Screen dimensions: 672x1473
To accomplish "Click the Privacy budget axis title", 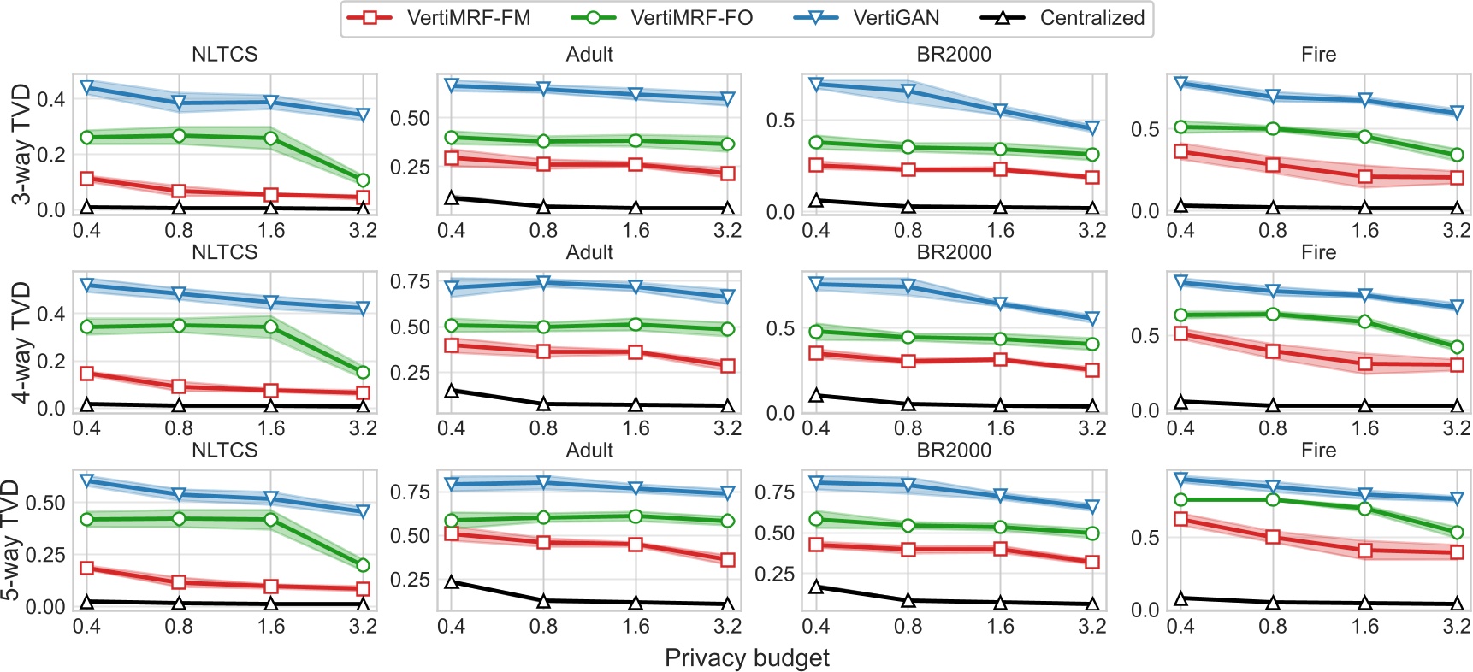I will [747, 658].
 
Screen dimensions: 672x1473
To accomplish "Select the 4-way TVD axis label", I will [21, 342].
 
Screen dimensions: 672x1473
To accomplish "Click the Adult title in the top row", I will [589, 55].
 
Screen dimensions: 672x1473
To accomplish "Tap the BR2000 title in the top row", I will [954, 55].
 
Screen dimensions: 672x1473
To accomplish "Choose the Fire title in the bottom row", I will [1318, 451].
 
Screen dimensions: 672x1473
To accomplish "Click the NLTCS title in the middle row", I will [224, 253].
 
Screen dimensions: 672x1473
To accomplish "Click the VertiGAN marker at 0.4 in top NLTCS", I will [86, 87].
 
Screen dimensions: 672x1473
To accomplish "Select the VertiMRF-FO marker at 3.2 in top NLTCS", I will [363, 180].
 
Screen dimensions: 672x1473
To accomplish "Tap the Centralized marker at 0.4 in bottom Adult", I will [452, 582].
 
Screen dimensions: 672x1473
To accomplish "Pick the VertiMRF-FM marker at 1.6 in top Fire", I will [1365, 177].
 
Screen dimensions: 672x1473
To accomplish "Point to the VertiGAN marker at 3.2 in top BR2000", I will [1092, 128].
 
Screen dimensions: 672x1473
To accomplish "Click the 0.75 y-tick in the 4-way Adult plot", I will [410, 282].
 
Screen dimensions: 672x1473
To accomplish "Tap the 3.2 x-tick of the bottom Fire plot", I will [1457, 627].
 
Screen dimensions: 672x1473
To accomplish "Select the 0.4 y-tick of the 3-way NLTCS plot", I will [51, 99].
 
